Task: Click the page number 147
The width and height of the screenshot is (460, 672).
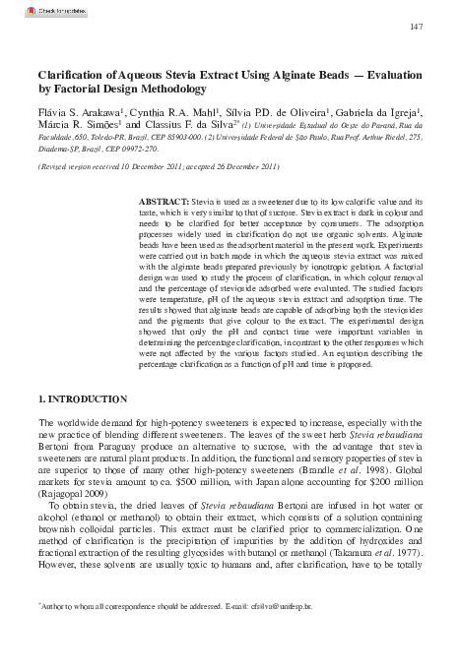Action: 416,25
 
